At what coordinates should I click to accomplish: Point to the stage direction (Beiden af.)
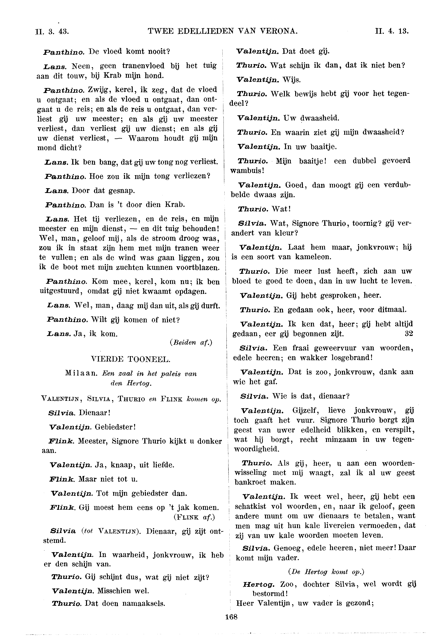(x=191, y=343)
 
